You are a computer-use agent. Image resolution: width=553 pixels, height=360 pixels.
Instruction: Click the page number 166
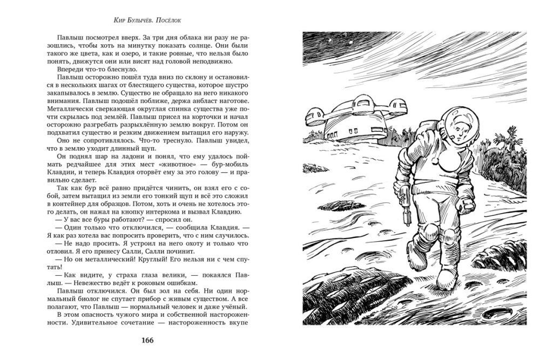[147, 340]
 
